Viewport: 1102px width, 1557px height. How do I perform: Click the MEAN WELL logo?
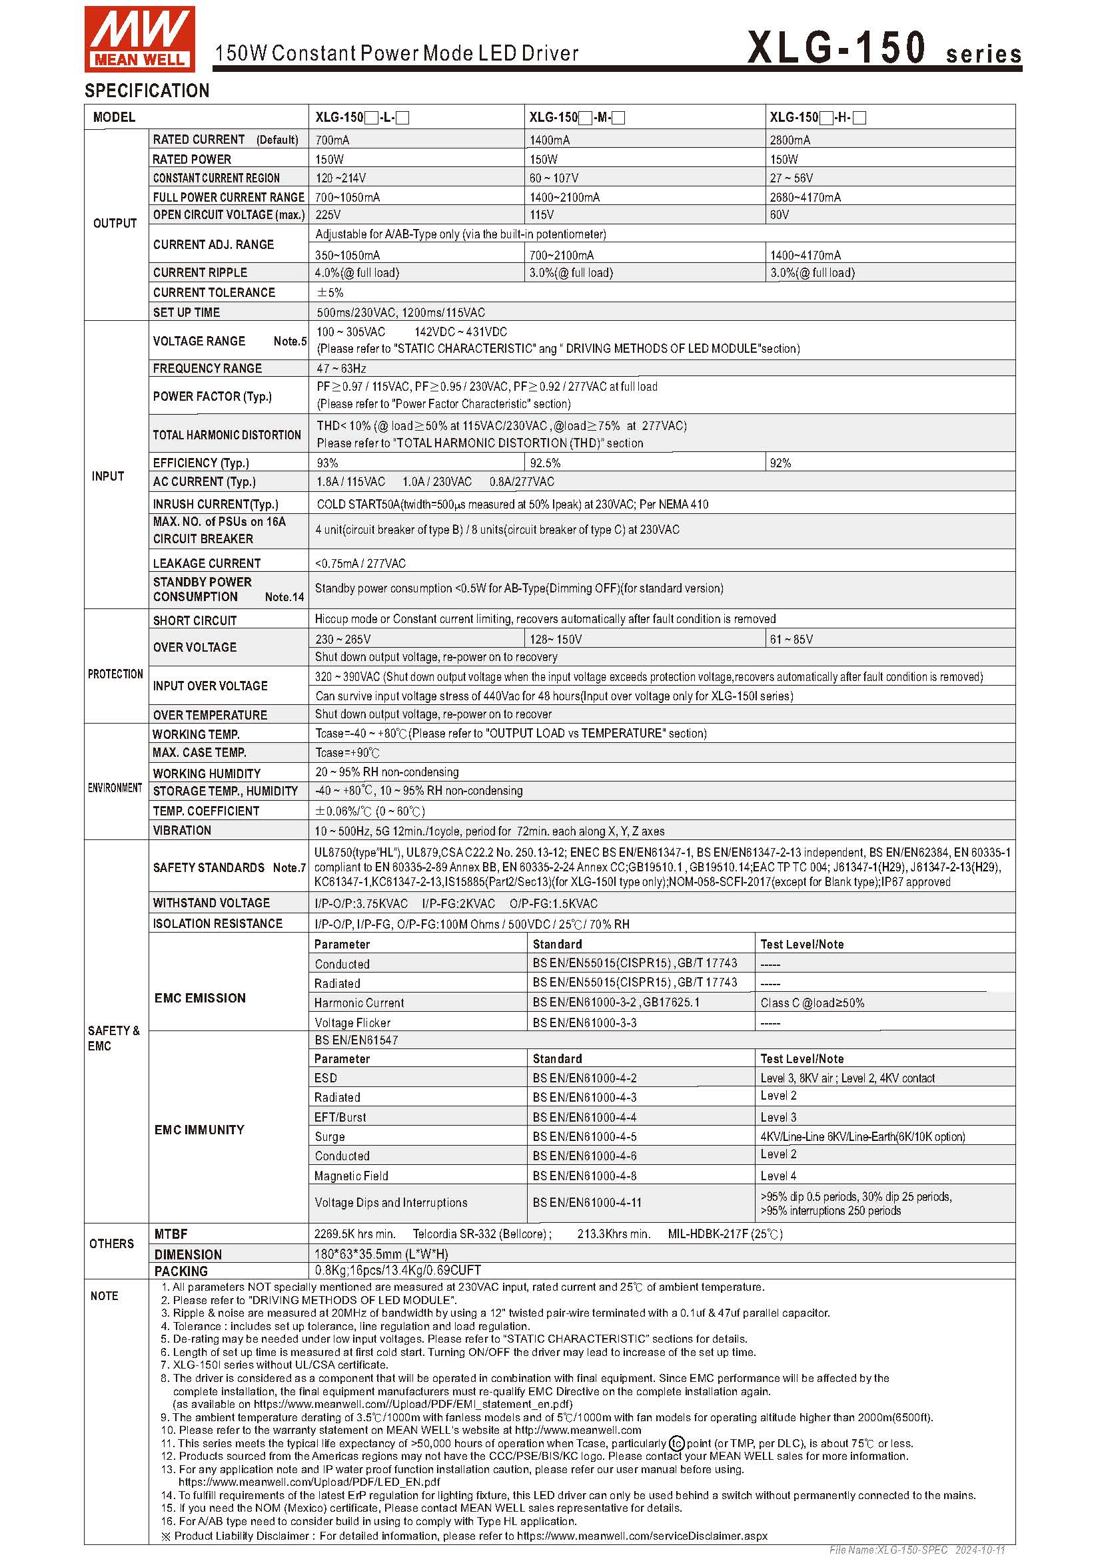[139, 39]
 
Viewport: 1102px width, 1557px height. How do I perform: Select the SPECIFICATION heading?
[147, 91]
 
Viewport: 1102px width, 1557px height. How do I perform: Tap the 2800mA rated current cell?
[790, 140]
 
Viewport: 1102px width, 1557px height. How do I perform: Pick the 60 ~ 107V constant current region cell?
[554, 178]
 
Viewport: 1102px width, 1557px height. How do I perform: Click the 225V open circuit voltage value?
[328, 215]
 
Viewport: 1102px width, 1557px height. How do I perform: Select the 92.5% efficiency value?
[545, 463]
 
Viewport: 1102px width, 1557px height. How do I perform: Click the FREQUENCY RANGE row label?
[207, 368]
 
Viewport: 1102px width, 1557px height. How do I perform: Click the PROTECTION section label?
[115, 674]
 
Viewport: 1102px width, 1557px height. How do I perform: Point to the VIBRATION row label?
[182, 830]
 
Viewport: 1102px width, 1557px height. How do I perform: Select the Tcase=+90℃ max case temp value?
[347, 753]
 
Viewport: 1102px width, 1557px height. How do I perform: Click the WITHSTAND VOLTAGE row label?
[211, 903]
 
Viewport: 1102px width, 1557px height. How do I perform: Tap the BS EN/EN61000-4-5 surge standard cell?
[584, 1136]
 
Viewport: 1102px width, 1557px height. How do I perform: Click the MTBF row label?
[171, 1234]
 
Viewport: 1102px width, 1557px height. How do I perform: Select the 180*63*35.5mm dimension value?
[380, 1254]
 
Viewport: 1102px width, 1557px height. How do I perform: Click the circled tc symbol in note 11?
[676, 1443]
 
